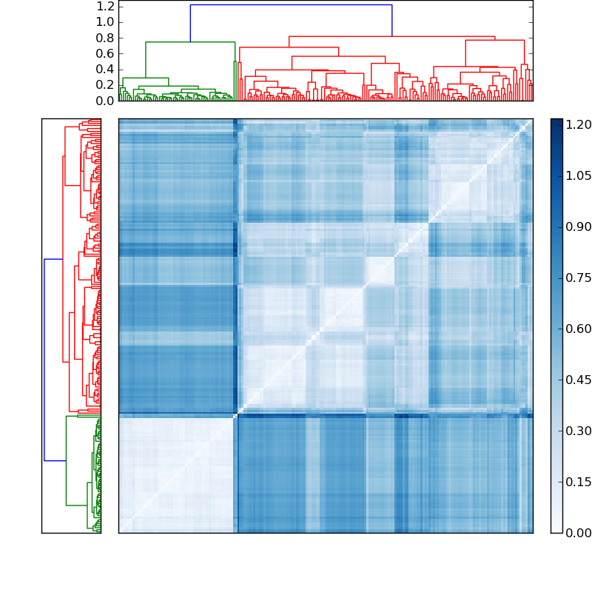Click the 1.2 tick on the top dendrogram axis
click(106, 7)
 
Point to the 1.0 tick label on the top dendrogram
click(106, 22)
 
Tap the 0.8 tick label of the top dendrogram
click(106, 38)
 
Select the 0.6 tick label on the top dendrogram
click(106, 54)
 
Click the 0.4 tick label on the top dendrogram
click(106, 70)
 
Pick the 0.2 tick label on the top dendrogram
click(106, 85)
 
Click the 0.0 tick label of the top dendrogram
click(106, 101)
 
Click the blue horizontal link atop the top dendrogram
click(291, 5)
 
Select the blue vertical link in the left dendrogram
click(44, 360)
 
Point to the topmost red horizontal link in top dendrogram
click(391, 36)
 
